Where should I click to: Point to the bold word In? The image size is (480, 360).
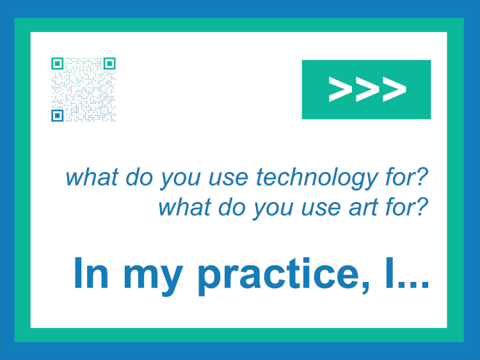91,273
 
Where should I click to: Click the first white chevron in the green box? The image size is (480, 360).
340,89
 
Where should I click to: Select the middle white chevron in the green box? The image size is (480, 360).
367,89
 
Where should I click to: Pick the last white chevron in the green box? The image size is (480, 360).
394,89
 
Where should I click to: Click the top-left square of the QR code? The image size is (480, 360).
57,63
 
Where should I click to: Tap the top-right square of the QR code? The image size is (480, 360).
109,63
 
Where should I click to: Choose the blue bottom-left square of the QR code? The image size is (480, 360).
57,116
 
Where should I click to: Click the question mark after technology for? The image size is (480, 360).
422,176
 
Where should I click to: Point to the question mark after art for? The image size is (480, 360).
422,206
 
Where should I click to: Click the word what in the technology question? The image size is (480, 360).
92,176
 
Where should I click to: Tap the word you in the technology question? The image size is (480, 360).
180,180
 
